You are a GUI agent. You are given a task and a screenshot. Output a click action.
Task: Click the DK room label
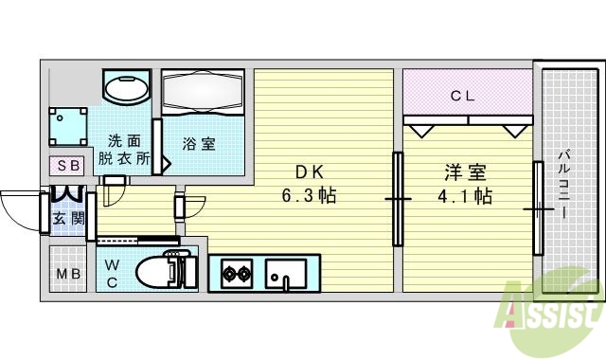coord(311,172)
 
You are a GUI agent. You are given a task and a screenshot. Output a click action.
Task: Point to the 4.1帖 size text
coord(465,197)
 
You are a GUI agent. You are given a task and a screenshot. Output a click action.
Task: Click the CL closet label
coord(462,95)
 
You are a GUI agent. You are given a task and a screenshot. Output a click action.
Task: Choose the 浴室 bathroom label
coord(199,144)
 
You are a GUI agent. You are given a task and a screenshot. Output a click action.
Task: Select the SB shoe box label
coord(69,165)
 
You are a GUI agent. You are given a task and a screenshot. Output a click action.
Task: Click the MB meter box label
coord(67,276)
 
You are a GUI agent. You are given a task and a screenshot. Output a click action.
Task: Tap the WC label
coord(111,272)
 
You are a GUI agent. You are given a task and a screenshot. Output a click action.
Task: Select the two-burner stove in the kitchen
coord(236,275)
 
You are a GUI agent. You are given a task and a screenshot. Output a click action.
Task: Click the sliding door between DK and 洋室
coord(398,199)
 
